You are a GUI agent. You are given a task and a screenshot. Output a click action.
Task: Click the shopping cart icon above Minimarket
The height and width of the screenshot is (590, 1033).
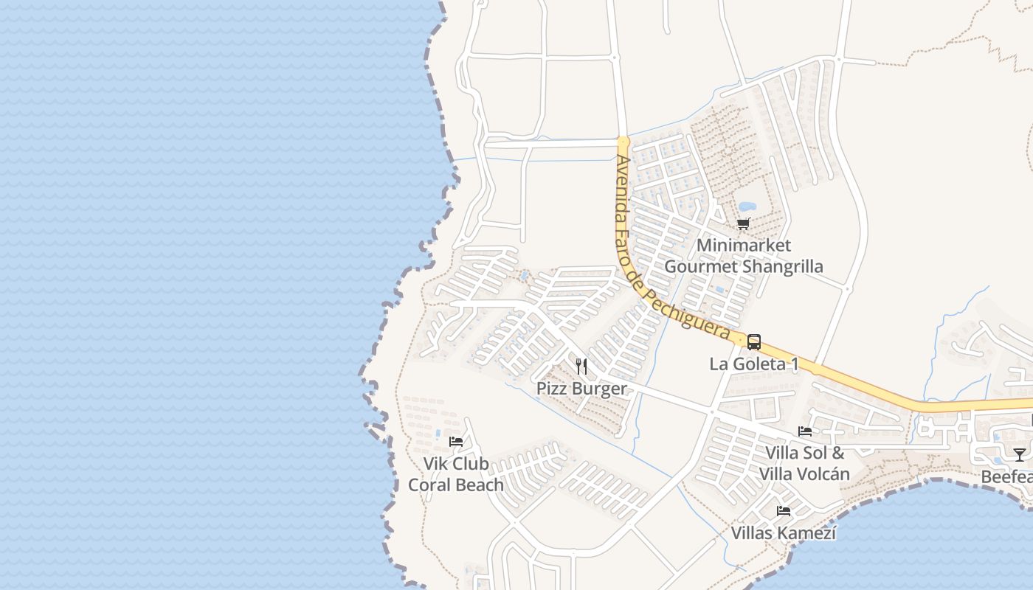[x=743, y=223]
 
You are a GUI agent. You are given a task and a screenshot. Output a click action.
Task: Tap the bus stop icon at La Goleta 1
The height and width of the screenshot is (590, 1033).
[x=753, y=342]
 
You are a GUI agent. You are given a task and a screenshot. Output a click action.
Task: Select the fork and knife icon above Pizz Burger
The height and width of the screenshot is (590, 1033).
[x=581, y=366]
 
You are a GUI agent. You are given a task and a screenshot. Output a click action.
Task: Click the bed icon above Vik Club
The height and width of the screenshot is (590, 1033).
[x=456, y=442]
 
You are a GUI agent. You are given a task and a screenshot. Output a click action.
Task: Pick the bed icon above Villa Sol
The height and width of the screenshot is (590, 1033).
[x=805, y=431]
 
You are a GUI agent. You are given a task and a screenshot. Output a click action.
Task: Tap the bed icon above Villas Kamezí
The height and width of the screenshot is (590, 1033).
[x=784, y=510]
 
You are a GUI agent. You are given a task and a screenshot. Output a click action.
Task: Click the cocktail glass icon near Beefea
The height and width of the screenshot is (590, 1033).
[x=1019, y=454]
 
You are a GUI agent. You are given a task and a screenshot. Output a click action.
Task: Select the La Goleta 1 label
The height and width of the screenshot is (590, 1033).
[x=753, y=364]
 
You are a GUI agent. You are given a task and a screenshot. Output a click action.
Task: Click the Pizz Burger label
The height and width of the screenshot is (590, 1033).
[x=581, y=389]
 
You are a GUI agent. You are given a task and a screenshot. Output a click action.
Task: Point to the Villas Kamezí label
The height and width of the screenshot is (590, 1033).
[x=784, y=532]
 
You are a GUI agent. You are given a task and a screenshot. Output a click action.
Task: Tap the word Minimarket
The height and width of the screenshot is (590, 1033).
[x=743, y=245]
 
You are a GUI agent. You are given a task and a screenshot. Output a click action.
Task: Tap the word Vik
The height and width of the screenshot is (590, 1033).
[x=437, y=464]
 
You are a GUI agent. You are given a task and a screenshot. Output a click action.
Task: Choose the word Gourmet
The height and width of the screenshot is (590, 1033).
[x=699, y=266]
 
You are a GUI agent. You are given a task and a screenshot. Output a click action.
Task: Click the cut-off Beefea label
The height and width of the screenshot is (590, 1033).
[x=1007, y=477]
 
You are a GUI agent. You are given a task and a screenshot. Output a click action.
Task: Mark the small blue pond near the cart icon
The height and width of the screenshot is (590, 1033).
[x=747, y=206]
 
